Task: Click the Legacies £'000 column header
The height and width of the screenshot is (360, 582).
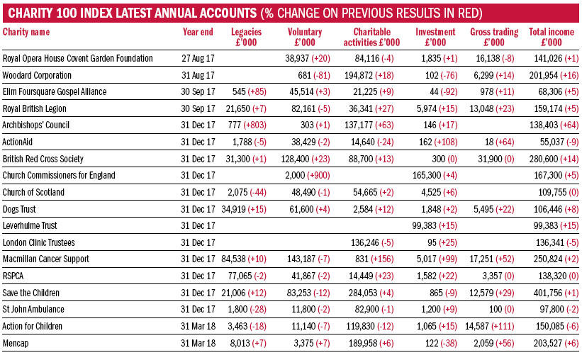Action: [246, 37]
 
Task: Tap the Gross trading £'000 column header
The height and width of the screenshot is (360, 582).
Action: [494, 37]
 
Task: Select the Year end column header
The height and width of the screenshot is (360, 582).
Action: [198, 33]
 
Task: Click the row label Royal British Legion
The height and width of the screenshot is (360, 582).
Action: [35, 108]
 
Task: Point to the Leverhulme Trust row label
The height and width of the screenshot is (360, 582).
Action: [30, 225]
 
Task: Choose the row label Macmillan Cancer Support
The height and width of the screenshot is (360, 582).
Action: [45, 259]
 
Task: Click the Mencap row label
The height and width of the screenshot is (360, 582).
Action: [15, 343]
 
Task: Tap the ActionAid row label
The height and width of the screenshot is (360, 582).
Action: [18, 142]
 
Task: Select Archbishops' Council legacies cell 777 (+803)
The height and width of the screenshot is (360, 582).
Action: [247, 125]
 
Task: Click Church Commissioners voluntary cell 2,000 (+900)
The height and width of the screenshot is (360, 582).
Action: [308, 175]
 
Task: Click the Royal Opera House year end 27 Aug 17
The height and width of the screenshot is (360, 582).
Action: [198, 58]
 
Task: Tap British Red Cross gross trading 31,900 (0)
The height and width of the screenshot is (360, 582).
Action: [496, 159]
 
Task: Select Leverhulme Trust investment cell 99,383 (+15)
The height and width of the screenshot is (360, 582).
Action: [435, 225]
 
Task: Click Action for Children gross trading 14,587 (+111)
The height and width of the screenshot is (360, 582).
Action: [490, 326]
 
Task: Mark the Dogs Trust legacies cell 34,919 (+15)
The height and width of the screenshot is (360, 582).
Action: [244, 209]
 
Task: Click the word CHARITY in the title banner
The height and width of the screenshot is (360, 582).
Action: [30, 13]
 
